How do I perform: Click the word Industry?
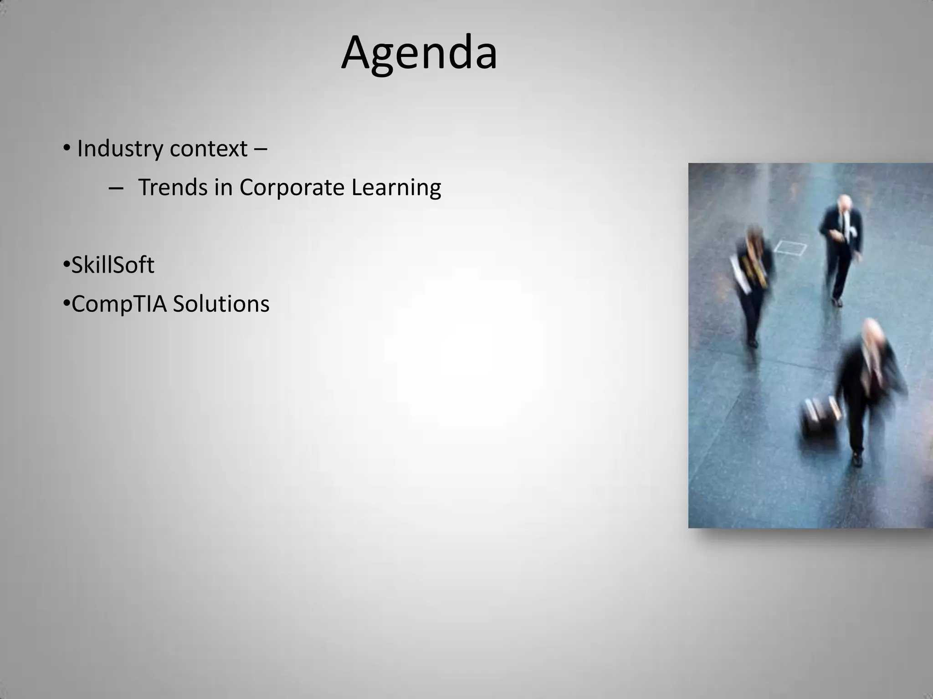coord(118,149)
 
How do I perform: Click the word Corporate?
coord(292,187)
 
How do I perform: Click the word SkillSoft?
coord(113,265)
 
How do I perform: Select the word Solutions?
coord(221,304)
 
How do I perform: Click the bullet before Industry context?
coord(67,148)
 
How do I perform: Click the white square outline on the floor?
coord(790,248)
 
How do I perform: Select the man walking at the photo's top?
coord(841,246)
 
